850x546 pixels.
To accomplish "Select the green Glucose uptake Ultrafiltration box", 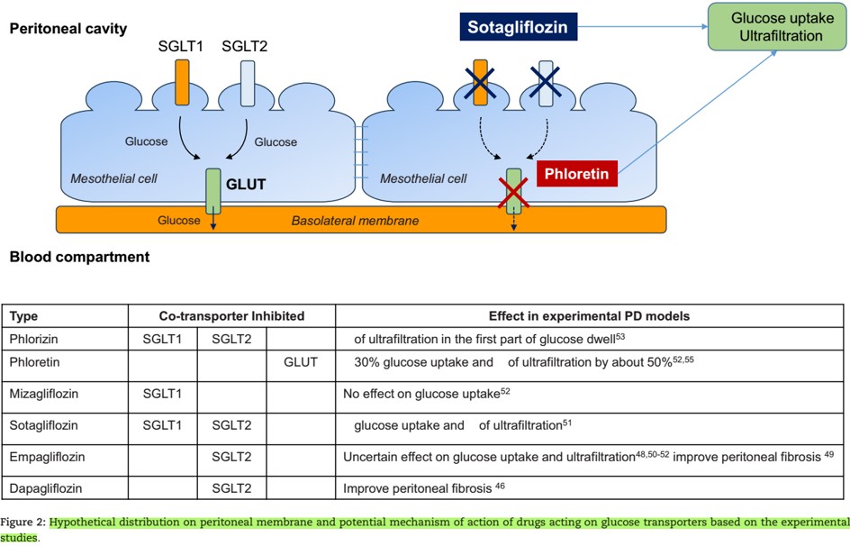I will coord(776,27).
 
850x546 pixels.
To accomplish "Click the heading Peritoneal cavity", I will coord(68,28).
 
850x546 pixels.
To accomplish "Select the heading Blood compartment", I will coord(79,258).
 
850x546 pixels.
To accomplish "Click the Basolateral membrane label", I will coord(356,220).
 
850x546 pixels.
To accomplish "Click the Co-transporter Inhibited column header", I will coord(231,316).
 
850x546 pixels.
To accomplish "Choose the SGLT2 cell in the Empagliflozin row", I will coord(231,457).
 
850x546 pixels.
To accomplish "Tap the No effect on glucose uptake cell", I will coord(427,394).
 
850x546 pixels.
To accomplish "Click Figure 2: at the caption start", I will coord(23,522).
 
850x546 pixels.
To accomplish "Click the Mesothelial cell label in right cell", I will coord(423,178).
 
